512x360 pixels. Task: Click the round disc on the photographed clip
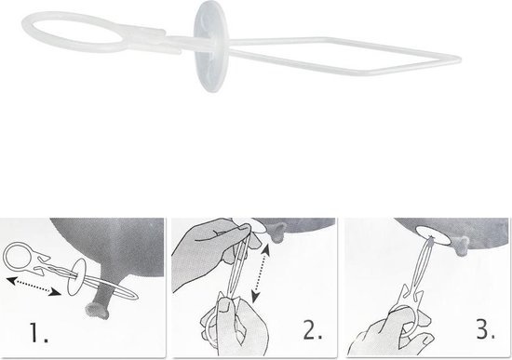point(209,46)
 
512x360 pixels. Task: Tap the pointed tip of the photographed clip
point(459,60)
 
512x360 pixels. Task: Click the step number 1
point(39,332)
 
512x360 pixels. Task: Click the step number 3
point(486,329)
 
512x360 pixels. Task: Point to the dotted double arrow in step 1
point(34,287)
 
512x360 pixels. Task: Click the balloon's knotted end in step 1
point(97,310)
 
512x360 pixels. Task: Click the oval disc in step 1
point(76,277)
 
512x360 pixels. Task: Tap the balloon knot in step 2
point(276,233)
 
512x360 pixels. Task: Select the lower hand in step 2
point(236,327)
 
